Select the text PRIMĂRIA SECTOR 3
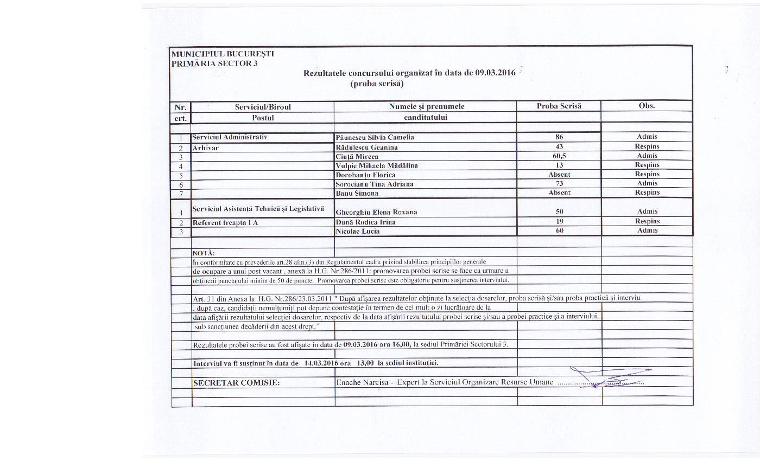pos(214,63)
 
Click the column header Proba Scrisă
pos(559,106)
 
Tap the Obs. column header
pos(647,106)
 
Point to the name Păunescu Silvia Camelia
pos(375,137)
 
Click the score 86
pos(559,137)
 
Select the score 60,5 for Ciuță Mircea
pos(559,156)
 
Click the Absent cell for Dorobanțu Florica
pos(559,175)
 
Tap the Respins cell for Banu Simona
pos(647,193)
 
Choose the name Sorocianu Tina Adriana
pos(375,184)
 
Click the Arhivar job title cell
pos(206,147)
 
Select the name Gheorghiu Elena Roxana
pos(376,212)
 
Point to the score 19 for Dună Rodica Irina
pos(559,221)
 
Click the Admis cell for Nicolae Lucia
pos(647,230)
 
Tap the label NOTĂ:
pos(204,253)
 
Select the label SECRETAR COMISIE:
pos(236,383)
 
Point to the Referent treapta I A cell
pos(225,222)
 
